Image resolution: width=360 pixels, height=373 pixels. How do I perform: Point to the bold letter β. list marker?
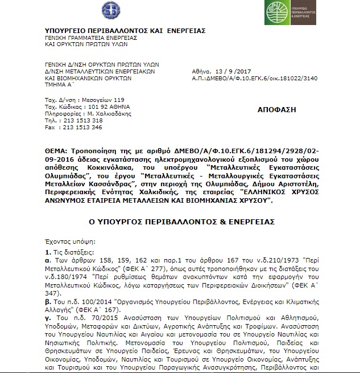[47, 298]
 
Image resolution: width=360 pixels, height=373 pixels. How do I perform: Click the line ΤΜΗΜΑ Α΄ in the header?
[59, 85]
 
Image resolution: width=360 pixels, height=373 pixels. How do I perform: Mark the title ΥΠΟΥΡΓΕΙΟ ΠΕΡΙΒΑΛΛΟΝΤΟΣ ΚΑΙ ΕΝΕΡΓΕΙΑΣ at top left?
[125, 30]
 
